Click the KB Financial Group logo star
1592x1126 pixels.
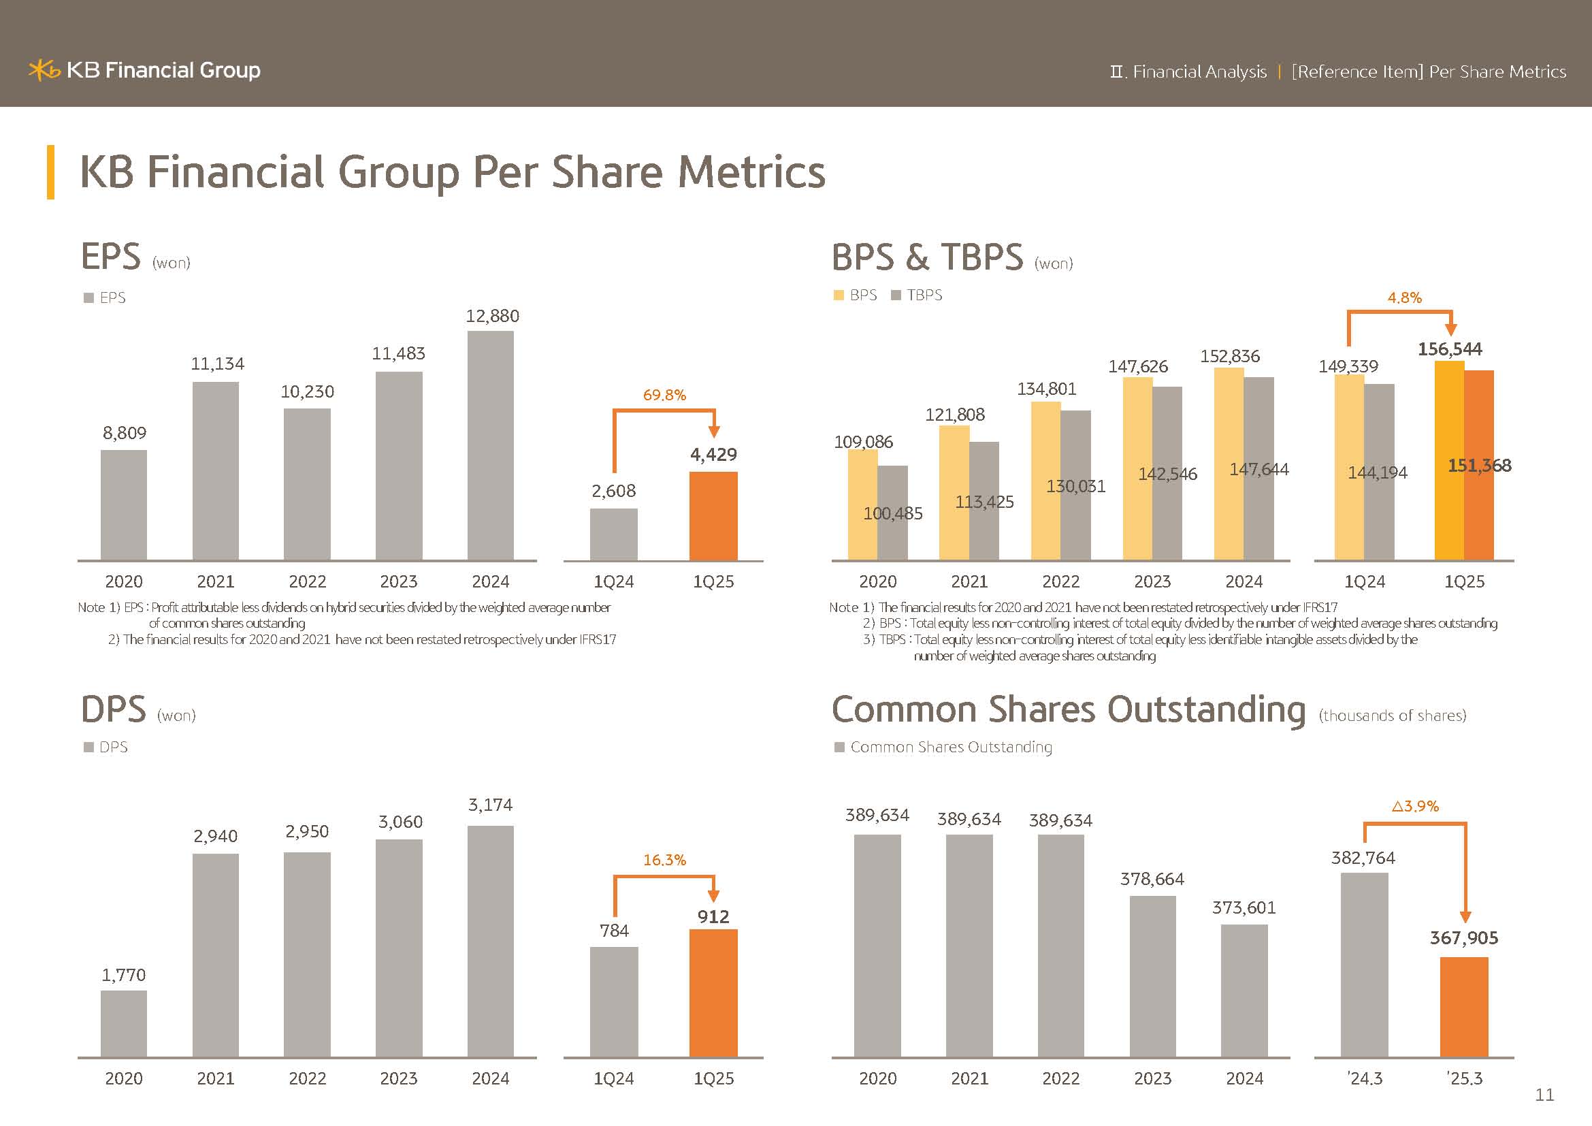44,70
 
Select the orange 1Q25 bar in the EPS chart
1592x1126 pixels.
713,516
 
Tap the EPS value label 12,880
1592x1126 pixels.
492,316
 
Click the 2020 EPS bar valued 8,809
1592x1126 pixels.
123,504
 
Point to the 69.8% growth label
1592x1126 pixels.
664,396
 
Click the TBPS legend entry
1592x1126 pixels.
917,295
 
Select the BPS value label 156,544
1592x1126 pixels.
1450,349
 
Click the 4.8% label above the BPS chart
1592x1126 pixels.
1404,298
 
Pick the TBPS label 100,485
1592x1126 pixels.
892,514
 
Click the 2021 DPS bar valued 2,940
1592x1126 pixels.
216,954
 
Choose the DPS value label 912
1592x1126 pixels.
713,917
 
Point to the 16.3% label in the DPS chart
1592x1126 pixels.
664,860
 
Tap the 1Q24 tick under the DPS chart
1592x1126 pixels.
614,1079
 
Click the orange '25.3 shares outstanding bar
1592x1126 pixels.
1464,1007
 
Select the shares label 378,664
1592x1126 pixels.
1152,880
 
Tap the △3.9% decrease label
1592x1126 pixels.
1415,806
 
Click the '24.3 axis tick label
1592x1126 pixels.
1365,1079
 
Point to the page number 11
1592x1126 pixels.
1544,1095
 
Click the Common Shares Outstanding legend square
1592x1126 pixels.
839,747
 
